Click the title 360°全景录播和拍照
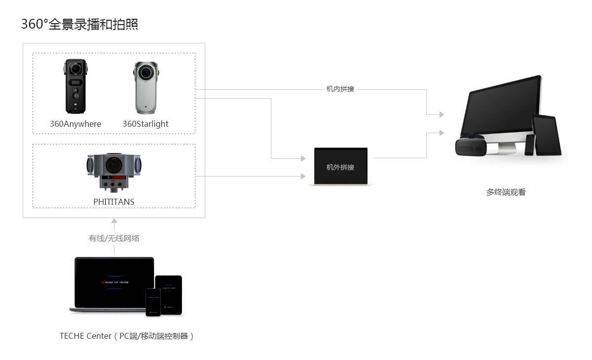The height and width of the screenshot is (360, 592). click(x=79, y=24)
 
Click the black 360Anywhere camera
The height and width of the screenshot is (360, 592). click(x=75, y=87)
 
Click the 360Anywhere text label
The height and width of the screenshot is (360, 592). click(x=75, y=124)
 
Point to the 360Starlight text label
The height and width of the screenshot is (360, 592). click(x=146, y=124)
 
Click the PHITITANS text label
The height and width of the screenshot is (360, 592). click(x=114, y=202)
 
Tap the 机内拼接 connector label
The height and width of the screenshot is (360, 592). click(x=340, y=89)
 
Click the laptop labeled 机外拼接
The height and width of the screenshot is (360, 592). click(x=340, y=167)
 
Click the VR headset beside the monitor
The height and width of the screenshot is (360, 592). click(x=470, y=146)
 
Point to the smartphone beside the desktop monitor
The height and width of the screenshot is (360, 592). click(x=529, y=144)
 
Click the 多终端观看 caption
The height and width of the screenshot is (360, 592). click(x=506, y=192)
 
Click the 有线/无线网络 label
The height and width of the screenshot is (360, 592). click(x=114, y=239)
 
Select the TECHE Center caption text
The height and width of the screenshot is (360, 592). click(x=127, y=336)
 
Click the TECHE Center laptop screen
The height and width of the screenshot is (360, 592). click(x=114, y=282)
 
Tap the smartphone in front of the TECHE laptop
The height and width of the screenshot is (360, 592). click(x=153, y=302)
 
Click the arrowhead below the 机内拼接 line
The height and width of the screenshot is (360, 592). click(x=442, y=114)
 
